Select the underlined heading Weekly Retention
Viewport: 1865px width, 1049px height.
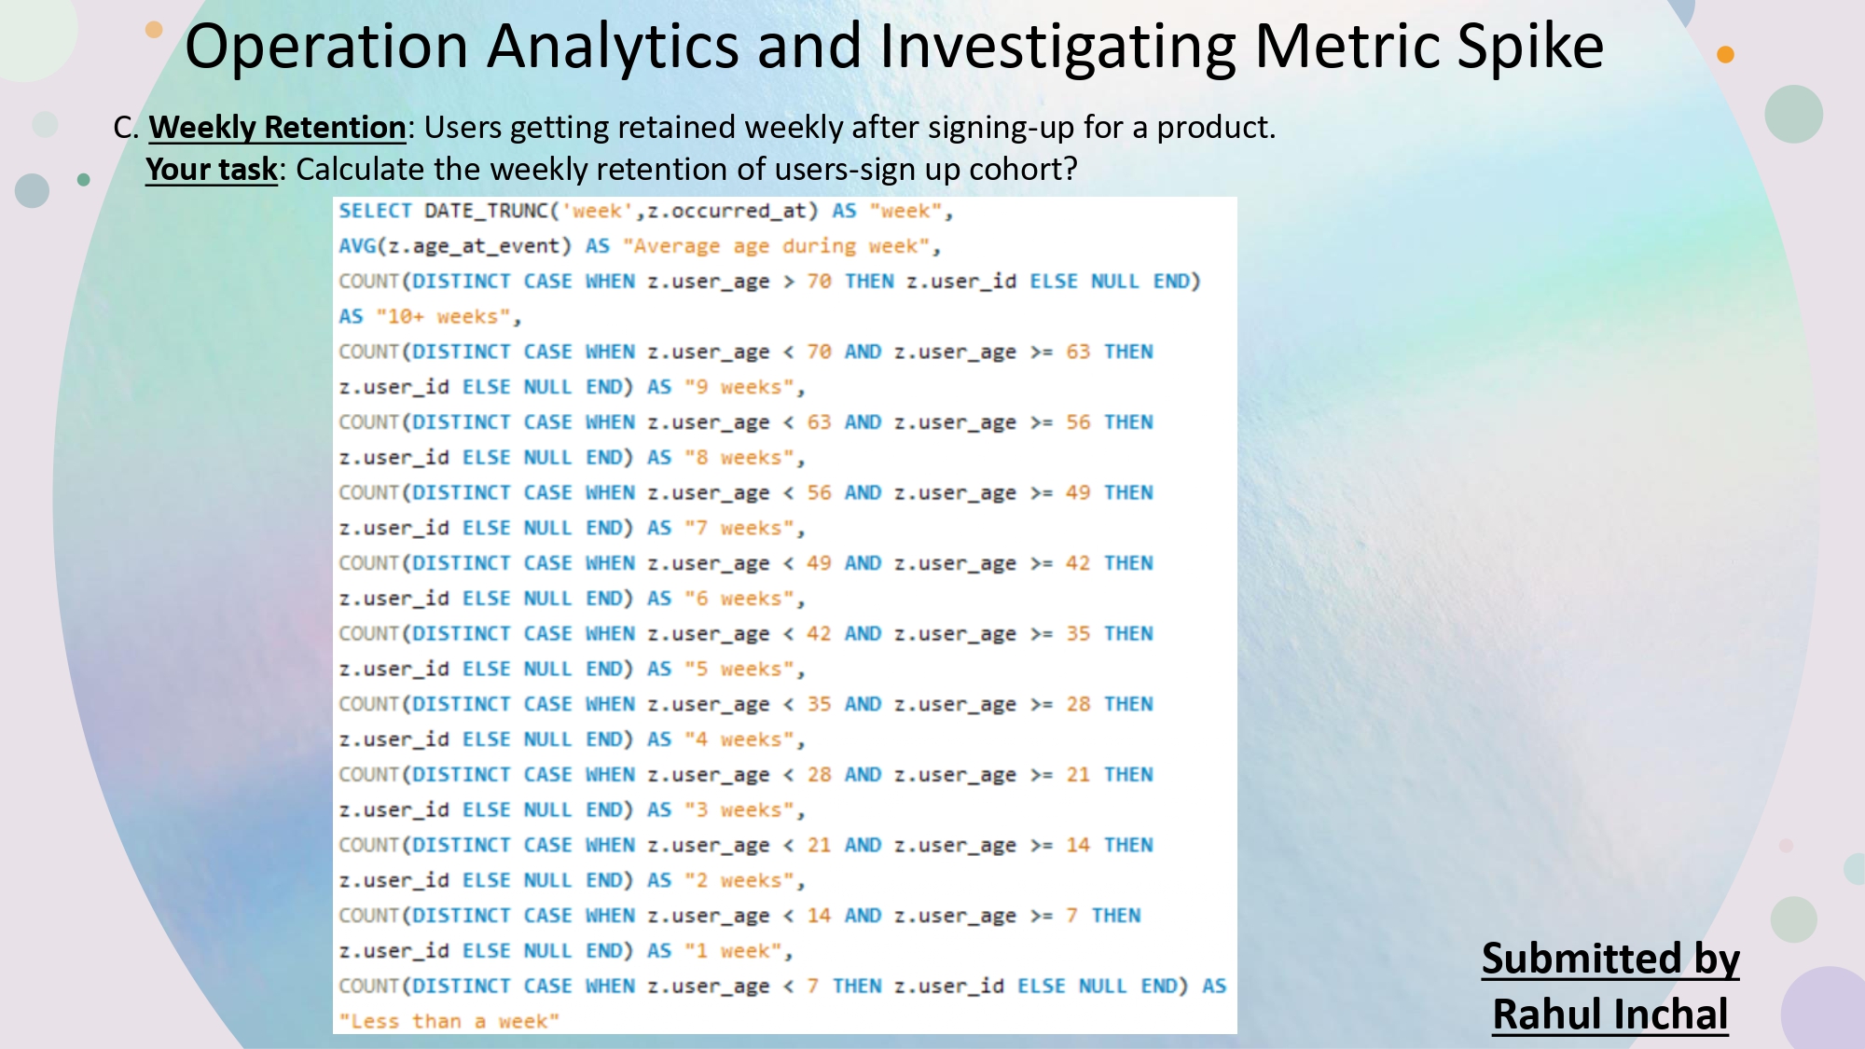pos(277,127)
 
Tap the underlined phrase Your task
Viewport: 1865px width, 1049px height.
pos(212,170)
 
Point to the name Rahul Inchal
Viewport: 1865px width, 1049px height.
pos(1610,1014)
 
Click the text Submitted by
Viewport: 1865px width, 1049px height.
pos(1610,959)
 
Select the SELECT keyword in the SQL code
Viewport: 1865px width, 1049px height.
pos(375,211)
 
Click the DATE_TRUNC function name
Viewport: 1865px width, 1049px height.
pos(486,211)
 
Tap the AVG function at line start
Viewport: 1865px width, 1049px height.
pos(357,246)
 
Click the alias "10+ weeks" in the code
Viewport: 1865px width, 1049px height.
pos(443,317)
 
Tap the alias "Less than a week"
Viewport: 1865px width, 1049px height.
pos(449,1022)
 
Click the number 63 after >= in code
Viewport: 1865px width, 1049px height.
pos(1078,352)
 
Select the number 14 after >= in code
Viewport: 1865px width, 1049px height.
pos(1078,845)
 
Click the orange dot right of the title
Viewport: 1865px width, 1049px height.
pos(1725,54)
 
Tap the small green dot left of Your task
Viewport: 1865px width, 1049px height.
pos(84,180)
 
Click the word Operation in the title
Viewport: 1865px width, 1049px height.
pos(326,47)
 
